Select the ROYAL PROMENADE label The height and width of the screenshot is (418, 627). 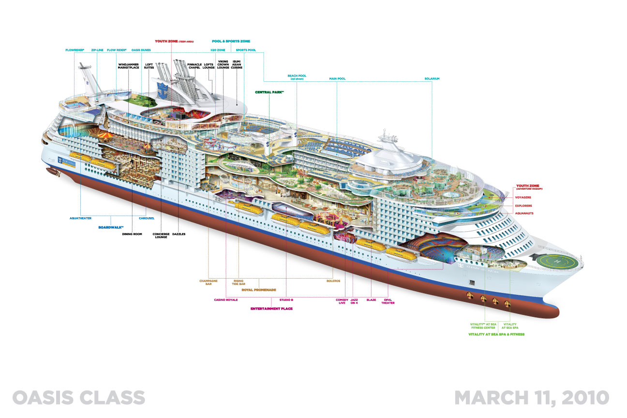pos(255,289)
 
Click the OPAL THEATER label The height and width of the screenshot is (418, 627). pos(388,301)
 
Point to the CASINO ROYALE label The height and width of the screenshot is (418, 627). pos(226,299)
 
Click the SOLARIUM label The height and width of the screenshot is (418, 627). pos(432,78)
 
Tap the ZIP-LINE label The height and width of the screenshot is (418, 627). pos(97,49)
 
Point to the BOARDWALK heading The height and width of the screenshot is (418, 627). pos(111,226)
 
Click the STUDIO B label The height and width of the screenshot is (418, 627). pos(286,299)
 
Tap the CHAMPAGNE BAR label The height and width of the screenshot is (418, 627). pos(208,283)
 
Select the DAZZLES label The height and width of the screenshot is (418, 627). pos(179,234)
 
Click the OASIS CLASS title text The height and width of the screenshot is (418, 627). pos(79,397)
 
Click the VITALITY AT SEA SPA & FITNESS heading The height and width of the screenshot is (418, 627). pos(496,334)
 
